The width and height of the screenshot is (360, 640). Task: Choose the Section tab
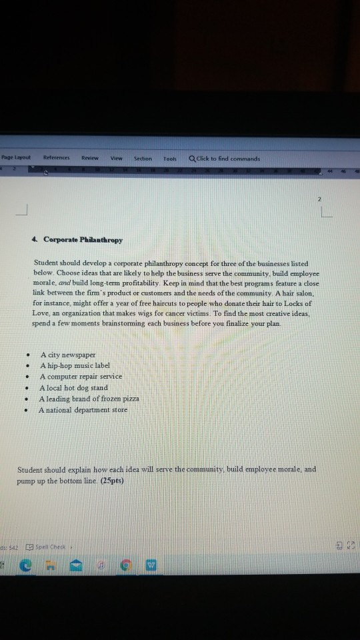coord(143,159)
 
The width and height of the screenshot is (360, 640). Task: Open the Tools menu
coord(169,159)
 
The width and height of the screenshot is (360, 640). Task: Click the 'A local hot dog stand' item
coord(73,387)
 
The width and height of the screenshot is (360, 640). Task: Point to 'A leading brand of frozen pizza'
coord(89,399)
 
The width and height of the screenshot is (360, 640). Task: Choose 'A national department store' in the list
coord(83,409)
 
